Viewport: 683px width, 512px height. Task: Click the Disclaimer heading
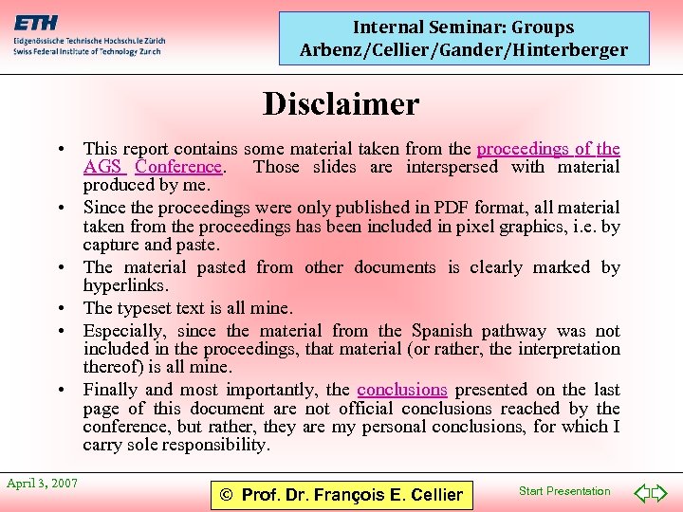point(341,103)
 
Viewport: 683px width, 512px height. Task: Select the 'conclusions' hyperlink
point(402,390)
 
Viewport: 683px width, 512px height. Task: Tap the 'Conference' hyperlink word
point(178,167)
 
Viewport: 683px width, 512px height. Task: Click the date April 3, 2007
point(43,484)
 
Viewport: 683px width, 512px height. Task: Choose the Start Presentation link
point(564,491)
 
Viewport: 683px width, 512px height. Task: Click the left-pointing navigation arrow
point(640,493)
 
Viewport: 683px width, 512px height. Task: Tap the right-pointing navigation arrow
point(660,493)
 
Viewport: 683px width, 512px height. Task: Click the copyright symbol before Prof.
point(226,494)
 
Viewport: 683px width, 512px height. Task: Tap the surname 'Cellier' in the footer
point(431,494)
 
